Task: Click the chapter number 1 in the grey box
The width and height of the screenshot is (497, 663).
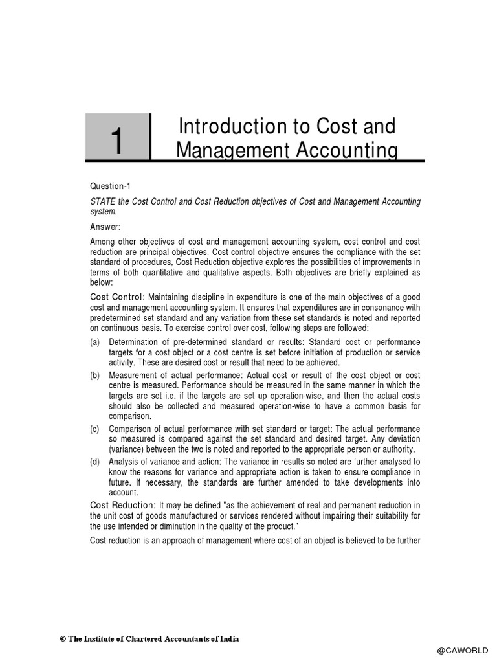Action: pyautogui.click(x=116, y=140)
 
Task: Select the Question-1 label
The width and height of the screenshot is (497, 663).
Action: pyautogui.click(x=111, y=186)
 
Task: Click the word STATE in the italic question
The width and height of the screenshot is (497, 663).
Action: pyautogui.click(x=103, y=202)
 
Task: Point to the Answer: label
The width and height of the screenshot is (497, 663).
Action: pyautogui.click(x=105, y=227)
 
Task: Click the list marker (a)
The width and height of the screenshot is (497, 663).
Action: pyautogui.click(x=95, y=342)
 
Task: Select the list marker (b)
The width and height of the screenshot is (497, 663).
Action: pyautogui.click(x=95, y=375)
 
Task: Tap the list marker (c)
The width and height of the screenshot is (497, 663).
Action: pyautogui.click(x=95, y=429)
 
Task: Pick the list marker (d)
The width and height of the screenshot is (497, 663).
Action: pyautogui.click(x=95, y=462)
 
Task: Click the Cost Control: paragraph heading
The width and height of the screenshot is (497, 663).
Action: pyautogui.click(x=117, y=296)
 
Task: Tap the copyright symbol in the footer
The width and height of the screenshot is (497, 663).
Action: pyautogui.click(x=63, y=639)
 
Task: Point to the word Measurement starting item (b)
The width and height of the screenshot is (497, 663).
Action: pyautogui.click(x=135, y=375)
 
